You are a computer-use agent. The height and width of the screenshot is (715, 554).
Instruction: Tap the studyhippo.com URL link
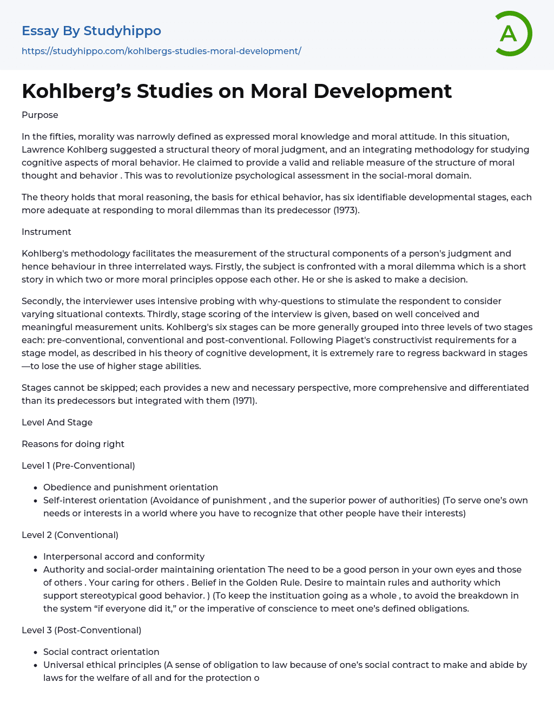click(161, 51)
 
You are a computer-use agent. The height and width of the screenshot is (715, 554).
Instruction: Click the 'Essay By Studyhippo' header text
click(91, 31)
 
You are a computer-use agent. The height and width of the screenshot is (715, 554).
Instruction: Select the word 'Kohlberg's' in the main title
click(76, 91)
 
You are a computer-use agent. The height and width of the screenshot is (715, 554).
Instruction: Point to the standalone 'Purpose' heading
click(40, 115)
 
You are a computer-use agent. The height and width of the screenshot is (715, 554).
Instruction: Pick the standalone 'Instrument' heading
click(47, 232)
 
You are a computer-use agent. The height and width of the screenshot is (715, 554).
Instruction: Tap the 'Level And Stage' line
click(57, 422)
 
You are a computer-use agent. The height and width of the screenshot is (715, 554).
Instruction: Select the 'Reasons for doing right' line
click(73, 444)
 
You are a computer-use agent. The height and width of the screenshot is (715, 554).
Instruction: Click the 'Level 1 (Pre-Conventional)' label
click(78, 465)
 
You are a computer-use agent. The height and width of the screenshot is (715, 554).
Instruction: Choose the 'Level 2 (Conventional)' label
click(70, 535)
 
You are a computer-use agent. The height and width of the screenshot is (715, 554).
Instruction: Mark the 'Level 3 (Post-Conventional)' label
click(81, 630)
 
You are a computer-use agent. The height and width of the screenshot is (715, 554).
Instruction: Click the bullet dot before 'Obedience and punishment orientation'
click(35, 488)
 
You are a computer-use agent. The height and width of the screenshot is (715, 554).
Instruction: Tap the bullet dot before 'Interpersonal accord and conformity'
click(35, 557)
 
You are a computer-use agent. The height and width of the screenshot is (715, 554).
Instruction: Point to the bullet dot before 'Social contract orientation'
click(35, 652)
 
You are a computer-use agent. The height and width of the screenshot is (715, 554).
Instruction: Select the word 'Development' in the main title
click(382, 91)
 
